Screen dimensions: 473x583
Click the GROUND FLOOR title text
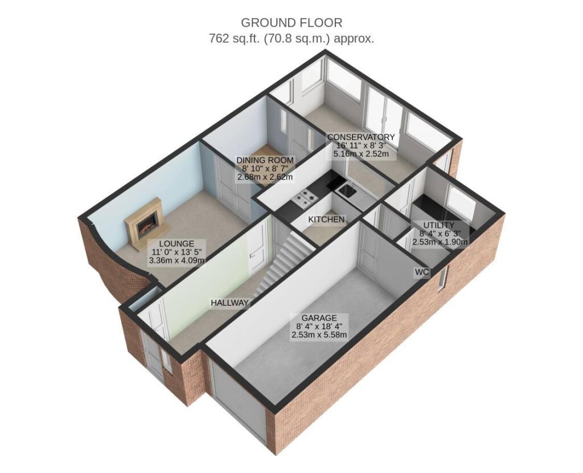tap(291, 23)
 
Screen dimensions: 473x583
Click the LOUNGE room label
tap(176, 243)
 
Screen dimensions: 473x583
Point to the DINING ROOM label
tap(265, 160)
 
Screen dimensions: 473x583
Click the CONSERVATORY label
tap(360, 137)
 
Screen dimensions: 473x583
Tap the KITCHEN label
tap(326, 219)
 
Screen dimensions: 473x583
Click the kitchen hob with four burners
tap(305, 199)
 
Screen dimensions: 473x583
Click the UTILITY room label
tap(442, 225)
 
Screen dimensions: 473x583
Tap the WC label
tap(421, 272)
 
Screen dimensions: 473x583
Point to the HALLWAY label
tap(229, 303)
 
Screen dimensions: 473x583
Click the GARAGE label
tap(319, 317)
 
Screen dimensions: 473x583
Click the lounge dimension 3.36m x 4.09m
tap(176, 260)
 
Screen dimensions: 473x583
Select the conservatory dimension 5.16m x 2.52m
tap(360, 154)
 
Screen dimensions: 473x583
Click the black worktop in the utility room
tap(432, 206)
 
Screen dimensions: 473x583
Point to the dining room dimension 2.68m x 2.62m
tap(265, 177)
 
